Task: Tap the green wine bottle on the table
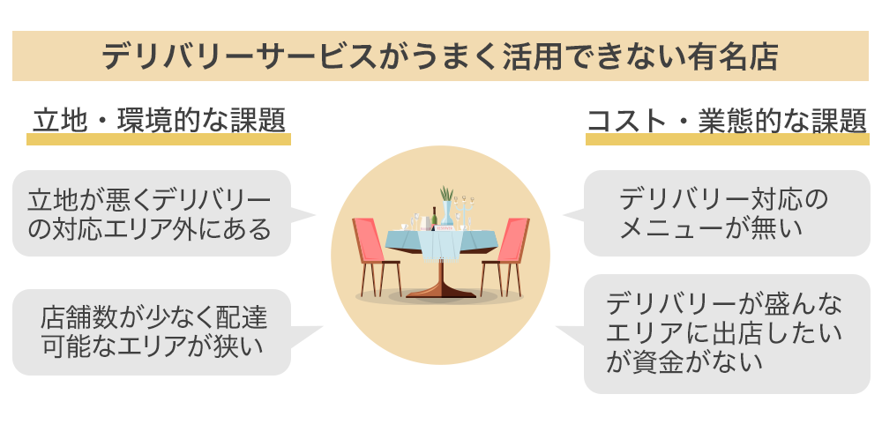point(433,217)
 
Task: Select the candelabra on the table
point(468,207)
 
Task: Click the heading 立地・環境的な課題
point(159,121)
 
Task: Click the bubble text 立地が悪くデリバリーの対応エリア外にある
point(150,213)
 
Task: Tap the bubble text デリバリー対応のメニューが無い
point(723,213)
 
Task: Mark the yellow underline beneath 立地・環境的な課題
point(159,139)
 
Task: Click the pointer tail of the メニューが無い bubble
point(572,214)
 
